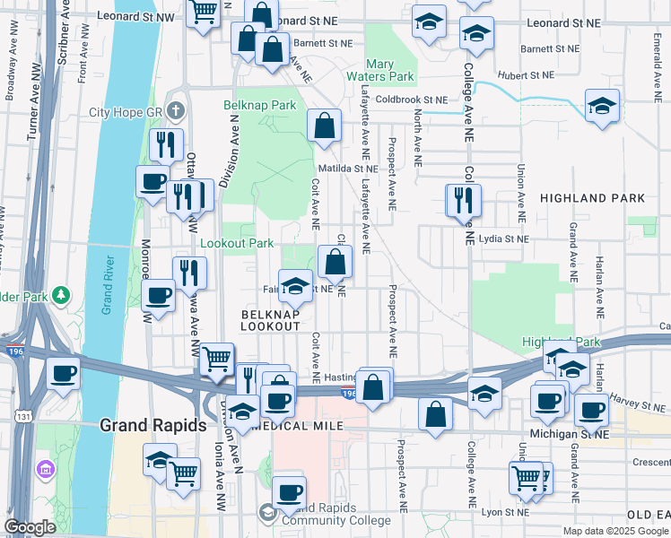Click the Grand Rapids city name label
[152, 425]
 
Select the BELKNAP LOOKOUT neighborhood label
[270, 321]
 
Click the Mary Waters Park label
[392, 71]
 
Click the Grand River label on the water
[107, 286]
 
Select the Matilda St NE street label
[347, 168]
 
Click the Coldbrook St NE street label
[411, 100]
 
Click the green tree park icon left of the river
[61, 295]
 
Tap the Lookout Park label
[237, 243]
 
